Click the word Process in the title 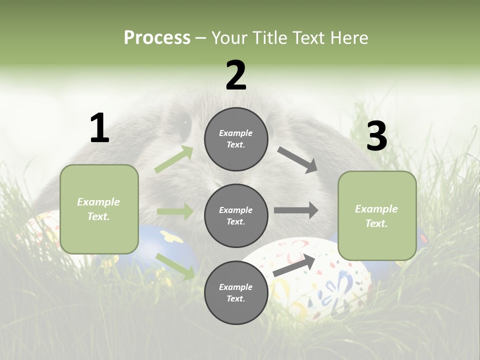tap(157, 38)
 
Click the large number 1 tap(99, 128)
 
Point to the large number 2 tap(236, 75)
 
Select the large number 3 tap(376, 136)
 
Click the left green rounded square tap(99, 209)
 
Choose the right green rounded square tap(377, 215)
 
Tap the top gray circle tap(236, 139)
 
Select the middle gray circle tap(236, 215)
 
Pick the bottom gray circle tap(236, 292)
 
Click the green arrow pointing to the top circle tap(174, 159)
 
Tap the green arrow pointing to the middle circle tap(175, 211)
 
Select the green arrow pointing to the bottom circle tap(175, 266)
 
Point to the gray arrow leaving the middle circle tap(295, 210)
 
